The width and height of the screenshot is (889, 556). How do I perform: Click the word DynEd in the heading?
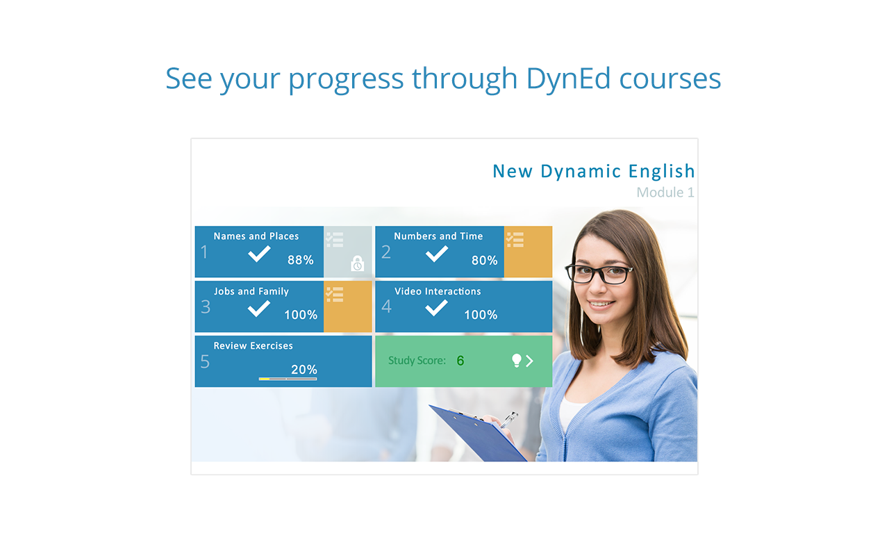point(568,79)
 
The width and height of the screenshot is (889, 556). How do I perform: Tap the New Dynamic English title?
point(593,171)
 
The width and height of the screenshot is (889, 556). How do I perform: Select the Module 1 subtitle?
point(665,193)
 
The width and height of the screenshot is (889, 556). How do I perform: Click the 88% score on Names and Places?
point(301,260)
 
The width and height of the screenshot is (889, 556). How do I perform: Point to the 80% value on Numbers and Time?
point(484,260)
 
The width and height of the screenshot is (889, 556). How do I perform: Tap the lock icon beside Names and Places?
point(357,263)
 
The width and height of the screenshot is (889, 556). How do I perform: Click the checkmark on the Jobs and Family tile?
point(259,309)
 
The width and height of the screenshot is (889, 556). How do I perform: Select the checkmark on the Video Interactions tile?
point(436,308)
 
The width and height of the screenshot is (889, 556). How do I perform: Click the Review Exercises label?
point(254,346)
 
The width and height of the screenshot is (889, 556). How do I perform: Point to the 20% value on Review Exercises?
point(304,370)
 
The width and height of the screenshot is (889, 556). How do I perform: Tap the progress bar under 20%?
point(288,379)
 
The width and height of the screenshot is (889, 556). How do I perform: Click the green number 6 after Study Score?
point(460,361)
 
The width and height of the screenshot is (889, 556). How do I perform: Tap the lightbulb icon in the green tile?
point(516,361)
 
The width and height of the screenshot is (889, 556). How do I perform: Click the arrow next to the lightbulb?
point(529,361)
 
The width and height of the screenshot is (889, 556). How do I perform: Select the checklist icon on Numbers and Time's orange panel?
point(515,240)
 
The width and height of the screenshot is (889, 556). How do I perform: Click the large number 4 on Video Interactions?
point(386,306)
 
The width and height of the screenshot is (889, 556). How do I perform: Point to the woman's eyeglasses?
point(599,275)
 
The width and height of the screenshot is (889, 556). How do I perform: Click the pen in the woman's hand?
point(509,420)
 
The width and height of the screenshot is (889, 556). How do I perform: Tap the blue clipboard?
point(479,434)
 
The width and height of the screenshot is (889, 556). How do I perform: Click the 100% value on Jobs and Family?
point(301,315)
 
